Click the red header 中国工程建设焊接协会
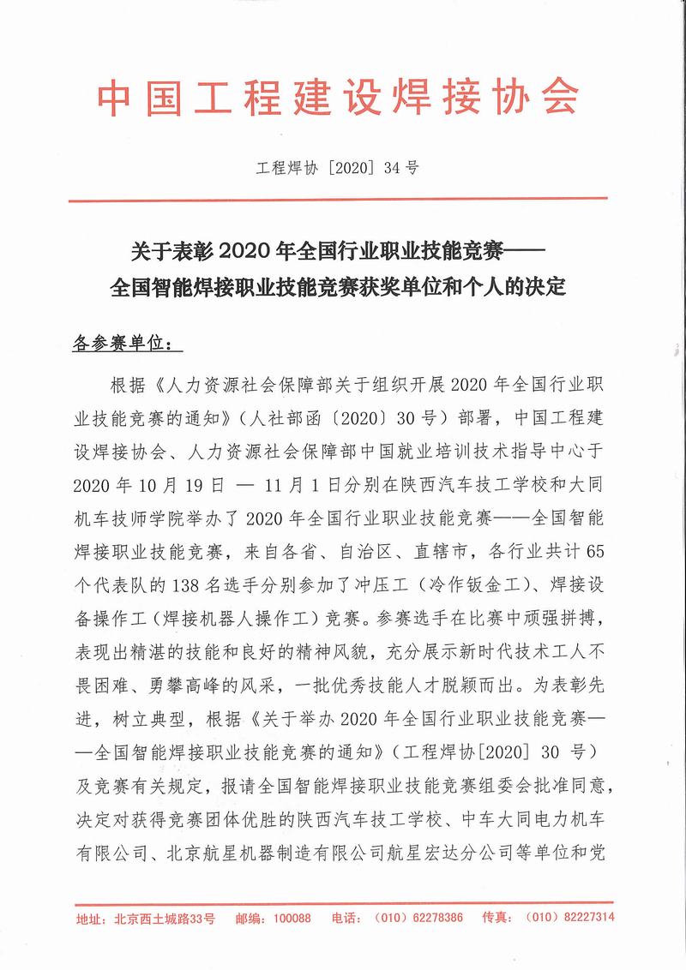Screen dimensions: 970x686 pyautogui.click(x=338, y=99)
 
